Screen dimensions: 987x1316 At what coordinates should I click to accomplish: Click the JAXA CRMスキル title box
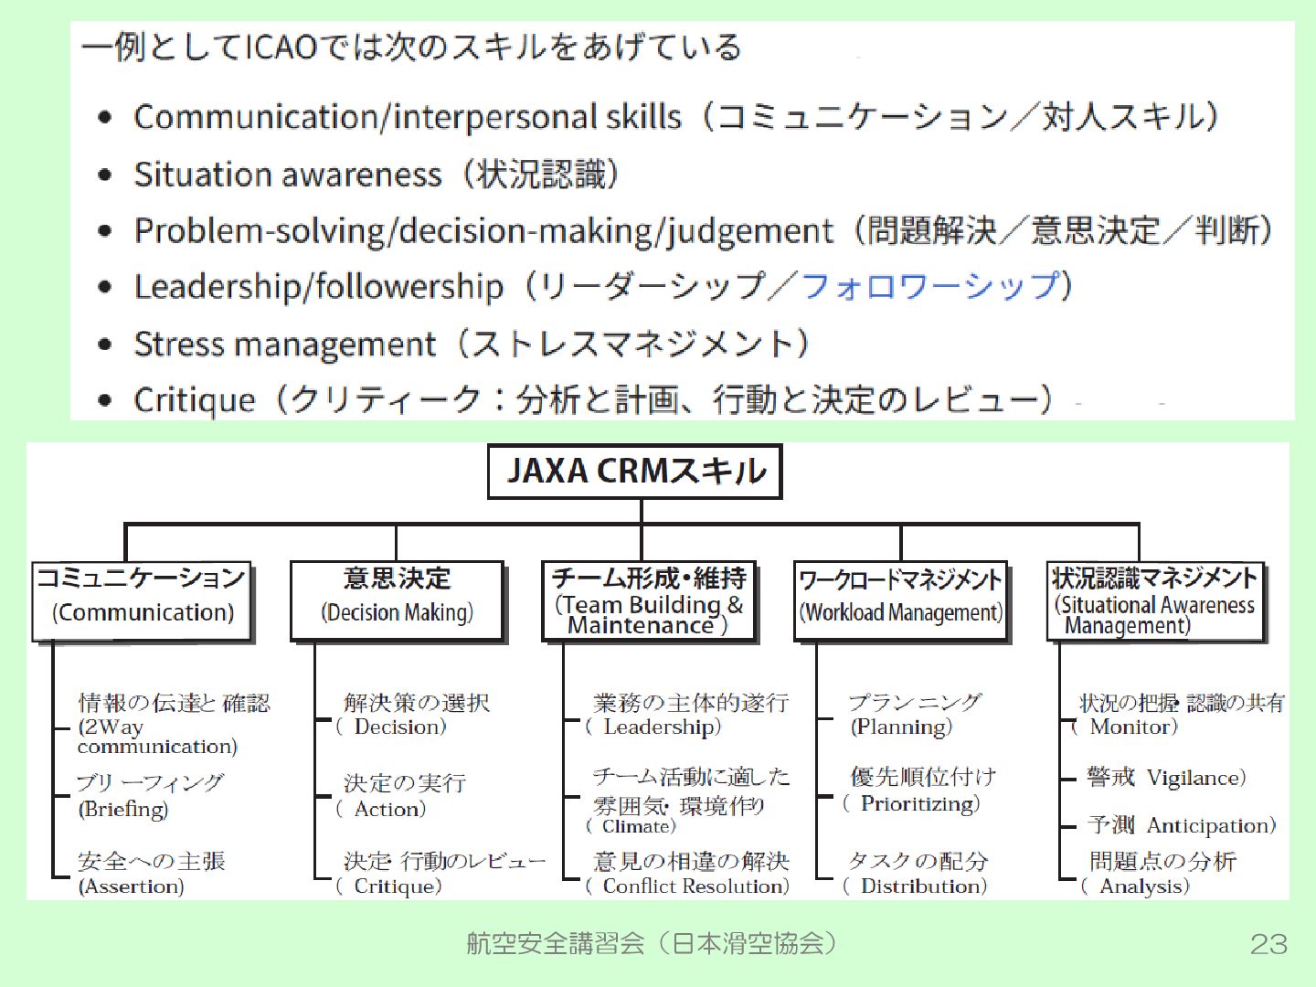635,472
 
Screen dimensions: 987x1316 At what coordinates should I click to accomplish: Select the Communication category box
142,600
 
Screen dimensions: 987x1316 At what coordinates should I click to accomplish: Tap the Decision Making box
397,600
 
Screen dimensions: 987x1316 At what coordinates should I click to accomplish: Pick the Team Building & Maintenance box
649,600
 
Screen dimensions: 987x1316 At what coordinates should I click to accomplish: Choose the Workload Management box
901,600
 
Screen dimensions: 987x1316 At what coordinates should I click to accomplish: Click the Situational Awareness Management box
1155,600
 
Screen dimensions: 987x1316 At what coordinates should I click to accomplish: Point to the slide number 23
1268,944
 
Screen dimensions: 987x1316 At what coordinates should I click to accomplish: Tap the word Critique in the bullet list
195,400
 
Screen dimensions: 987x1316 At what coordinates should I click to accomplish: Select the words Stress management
284,345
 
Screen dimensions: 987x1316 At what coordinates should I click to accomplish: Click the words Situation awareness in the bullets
287,175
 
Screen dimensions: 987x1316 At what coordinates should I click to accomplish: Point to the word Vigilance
1194,778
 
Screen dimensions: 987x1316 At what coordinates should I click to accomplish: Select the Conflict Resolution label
695,886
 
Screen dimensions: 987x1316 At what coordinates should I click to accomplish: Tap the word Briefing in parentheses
124,809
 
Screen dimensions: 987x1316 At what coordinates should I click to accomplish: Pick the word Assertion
132,886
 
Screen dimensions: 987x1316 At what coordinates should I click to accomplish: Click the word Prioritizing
918,803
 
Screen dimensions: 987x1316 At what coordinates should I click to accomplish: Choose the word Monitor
1133,727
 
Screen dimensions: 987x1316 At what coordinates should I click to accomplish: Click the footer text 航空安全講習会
555,943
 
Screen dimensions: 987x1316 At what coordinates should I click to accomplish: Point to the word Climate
636,826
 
